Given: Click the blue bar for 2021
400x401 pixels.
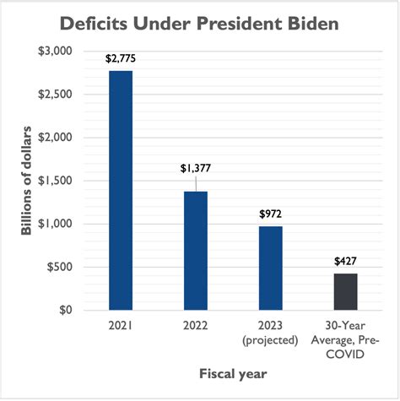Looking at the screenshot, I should (x=120, y=191).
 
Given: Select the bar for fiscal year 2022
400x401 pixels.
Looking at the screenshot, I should (x=195, y=251).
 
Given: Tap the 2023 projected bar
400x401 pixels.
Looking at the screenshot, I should (x=270, y=268).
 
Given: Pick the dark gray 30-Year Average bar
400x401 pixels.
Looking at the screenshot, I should (x=345, y=292).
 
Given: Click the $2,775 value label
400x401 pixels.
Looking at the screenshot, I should (x=120, y=59).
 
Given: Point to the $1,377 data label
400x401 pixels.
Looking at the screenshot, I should (x=195, y=169).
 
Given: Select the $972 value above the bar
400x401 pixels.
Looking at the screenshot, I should (x=270, y=213).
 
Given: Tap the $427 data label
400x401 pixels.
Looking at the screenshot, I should (x=345, y=261).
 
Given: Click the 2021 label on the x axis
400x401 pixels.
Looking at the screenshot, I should (x=120, y=325).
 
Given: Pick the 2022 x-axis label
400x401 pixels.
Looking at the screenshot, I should (x=195, y=325).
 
